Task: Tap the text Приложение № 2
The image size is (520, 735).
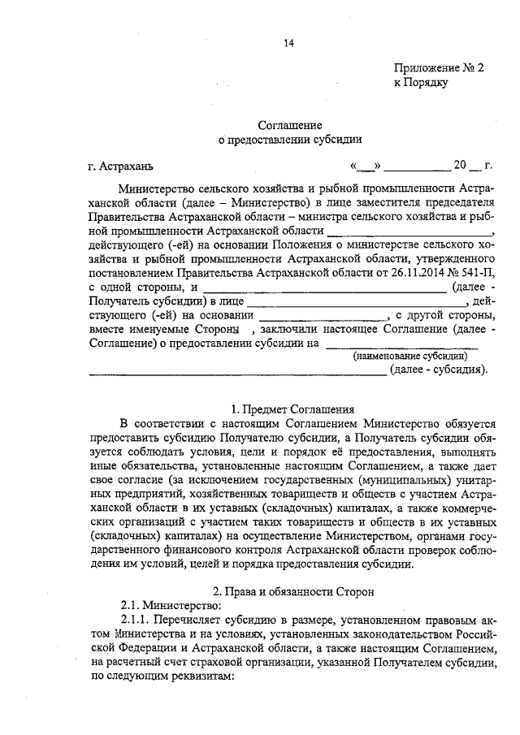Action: [x=439, y=70]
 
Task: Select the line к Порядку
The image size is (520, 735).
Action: [x=421, y=83]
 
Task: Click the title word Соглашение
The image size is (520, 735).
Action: [x=290, y=125]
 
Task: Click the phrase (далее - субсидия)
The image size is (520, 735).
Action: [x=439, y=370]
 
